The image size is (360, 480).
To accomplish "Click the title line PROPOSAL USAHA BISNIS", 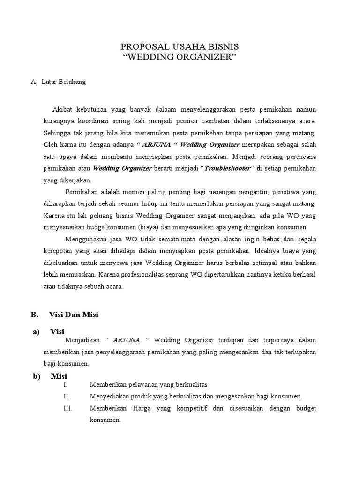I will pos(180,47).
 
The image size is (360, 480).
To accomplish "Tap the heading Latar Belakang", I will pos(63,82).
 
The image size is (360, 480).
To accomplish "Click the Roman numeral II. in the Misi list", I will pos(67,396).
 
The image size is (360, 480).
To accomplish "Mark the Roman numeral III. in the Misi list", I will pos(67,408).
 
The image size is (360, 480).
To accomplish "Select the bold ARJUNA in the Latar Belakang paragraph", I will pos(152,144).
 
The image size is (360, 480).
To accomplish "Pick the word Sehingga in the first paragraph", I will pos(56,133).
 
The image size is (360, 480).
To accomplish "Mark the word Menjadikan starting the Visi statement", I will pos(83,340).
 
